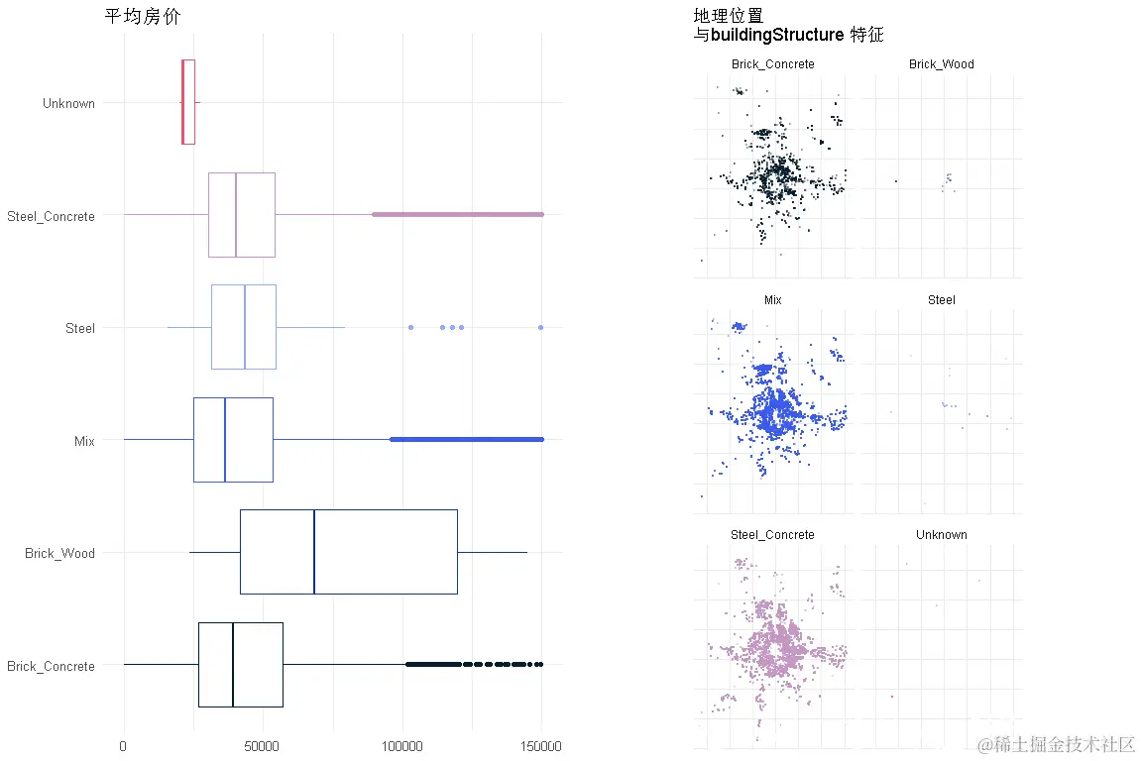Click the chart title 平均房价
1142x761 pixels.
tap(142, 17)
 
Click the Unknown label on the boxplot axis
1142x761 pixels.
tap(68, 103)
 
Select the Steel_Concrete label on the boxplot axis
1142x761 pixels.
tap(51, 216)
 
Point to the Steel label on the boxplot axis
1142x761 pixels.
tap(80, 328)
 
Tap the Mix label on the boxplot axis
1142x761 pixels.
tap(84, 441)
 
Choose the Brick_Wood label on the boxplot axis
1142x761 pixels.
tap(60, 553)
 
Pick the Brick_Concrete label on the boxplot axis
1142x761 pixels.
tap(51, 666)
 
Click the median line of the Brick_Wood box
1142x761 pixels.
tap(314, 552)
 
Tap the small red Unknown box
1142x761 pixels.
tap(188, 102)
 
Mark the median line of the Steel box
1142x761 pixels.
tap(245, 327)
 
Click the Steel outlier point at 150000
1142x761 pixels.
tap(541, 327)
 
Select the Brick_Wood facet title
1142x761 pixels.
tap(941, 64)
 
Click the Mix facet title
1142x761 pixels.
tap(773, 299)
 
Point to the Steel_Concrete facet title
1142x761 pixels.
tap(772, 535)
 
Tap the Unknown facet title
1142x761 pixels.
tap(941, 535)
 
